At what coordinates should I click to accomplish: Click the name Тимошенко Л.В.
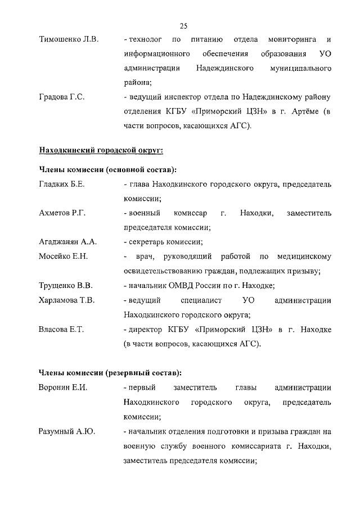[68, 39]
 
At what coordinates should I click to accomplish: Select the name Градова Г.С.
[62, 97]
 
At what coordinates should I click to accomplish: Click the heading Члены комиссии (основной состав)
[107, 169]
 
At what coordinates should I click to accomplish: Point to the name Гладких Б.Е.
[62, 184]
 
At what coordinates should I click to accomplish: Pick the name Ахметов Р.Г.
[62, 213]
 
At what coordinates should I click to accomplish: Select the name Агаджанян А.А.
[68, 242]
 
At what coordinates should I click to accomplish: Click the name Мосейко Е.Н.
[64, 257]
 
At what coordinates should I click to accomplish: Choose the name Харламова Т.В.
[66, 300]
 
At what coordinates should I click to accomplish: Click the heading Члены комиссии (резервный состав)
[110, 372]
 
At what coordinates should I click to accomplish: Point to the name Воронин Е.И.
[63, 388]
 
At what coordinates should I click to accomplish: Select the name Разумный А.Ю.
[66, 432]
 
